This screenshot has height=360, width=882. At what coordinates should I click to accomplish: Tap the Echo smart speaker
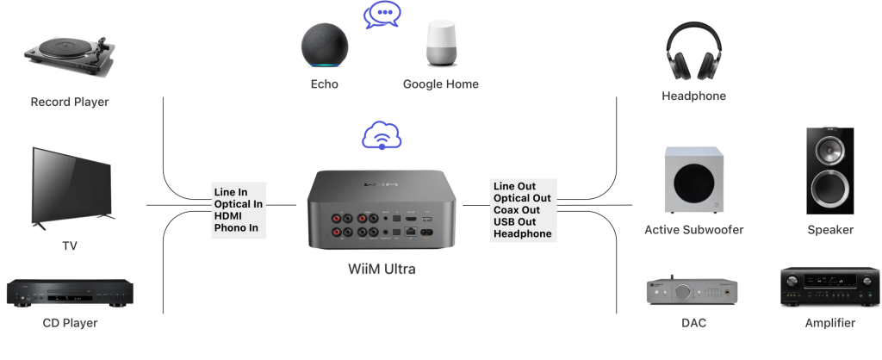(325, 45)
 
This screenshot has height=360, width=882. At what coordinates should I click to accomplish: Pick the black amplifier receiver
(830, 289)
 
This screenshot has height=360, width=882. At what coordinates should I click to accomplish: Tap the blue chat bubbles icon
(382, 15)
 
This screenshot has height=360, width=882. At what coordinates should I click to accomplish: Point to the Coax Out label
(517, 210)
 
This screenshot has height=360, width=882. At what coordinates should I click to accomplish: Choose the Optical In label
(239, 204)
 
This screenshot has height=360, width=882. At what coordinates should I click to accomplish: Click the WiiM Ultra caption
(382, 270)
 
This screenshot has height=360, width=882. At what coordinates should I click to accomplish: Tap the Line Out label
(513, 186)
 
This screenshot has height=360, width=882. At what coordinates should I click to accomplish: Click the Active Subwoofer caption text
(693, 230)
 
